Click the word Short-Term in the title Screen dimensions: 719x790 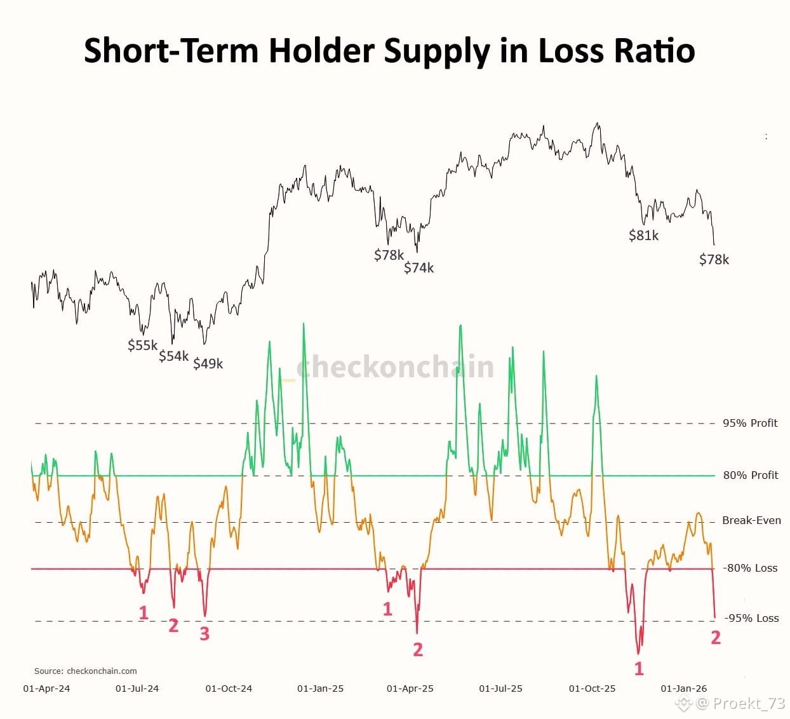171,50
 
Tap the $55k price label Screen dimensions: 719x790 142,346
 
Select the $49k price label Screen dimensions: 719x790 208,364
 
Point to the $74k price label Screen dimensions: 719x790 418,268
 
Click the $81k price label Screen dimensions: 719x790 643,236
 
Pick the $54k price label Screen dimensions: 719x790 173,356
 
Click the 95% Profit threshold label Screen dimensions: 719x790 750,423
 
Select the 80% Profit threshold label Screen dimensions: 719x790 750,475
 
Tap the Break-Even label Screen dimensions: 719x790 751,520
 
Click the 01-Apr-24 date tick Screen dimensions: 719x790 46,689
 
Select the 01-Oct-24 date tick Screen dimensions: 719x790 229,689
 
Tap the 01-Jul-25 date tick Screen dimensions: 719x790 500,689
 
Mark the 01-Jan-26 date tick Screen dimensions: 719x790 683,689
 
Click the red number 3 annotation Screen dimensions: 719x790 204,633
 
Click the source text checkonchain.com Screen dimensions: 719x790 102,671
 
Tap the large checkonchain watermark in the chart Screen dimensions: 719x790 394,367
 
